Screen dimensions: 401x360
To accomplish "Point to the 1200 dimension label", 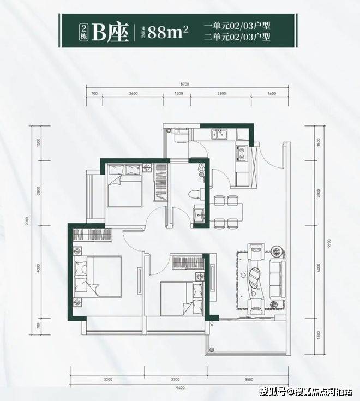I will [178, 94].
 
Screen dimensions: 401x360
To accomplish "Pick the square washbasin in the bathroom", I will [199, 212].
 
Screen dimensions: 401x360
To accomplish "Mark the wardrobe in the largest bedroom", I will [91, 236].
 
